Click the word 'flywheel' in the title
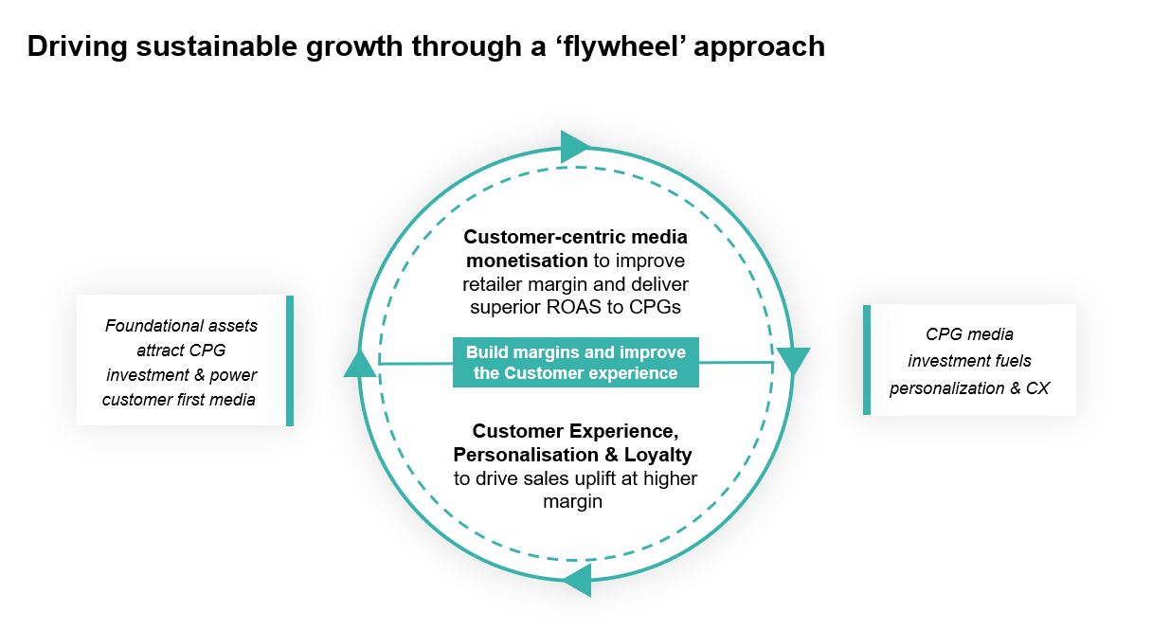point(618,46)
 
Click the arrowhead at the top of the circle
point(575,147)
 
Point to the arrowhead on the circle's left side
point(360,363)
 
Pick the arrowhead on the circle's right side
point(793,360)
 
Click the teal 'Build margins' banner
point(576,363)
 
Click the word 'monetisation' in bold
point(527,261)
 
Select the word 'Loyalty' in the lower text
point(658,455)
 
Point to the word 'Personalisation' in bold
point(526,455)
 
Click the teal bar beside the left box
point(290,360)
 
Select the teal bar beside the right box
point(867,360)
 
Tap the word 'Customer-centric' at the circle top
point(544,237)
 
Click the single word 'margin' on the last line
point(572,502)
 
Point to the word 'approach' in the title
point(760,48)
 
